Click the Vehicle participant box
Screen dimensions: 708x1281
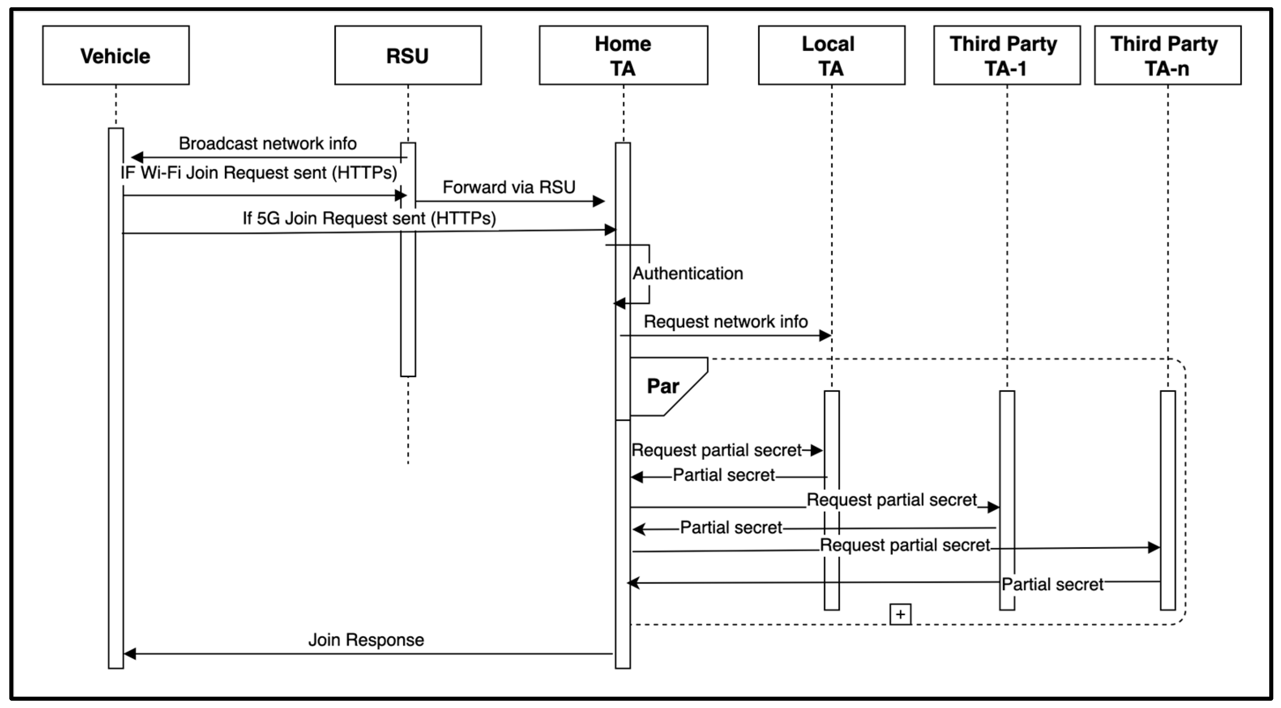115,55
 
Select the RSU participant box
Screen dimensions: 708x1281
408,55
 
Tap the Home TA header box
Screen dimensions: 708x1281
623,55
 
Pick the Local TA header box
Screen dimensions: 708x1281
831,55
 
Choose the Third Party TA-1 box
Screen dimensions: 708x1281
1006,55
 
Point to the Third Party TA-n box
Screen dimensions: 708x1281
1167,55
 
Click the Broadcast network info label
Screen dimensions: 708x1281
267,144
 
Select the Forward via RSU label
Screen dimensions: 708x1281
509,187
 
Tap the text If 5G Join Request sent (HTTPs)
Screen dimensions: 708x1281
369,218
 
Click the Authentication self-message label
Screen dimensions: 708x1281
688,273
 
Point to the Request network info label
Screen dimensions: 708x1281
726,321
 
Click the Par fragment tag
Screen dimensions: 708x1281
663,386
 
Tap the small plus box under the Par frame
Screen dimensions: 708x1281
900,614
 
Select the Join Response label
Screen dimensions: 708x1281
366,640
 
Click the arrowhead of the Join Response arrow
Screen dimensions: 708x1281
130,654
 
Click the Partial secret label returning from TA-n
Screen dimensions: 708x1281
1052,584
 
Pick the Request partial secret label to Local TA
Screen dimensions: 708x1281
716,450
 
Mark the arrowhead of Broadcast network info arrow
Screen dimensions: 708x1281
137,157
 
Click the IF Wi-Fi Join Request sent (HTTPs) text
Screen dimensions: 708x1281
258,173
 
